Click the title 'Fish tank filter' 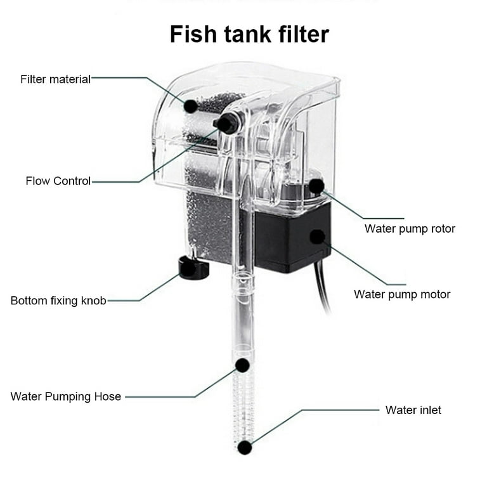(x=249, y=34)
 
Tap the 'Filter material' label (x=56, y=79)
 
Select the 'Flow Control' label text (x=58, y=181)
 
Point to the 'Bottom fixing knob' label (x=58, y=300)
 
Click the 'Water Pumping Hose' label (x=66, y=396)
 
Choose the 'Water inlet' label (x=413, y=410)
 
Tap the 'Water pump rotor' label (x=410, y=228)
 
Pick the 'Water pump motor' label (x=402, y=294)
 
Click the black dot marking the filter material (x=191, y=106)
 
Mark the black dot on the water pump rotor (x=316, y=186)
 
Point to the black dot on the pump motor (x=316, y=237)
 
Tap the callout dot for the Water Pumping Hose (x=242, y=365)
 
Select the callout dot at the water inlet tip (x=245, y=448)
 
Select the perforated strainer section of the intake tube (x=243, y=406)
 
